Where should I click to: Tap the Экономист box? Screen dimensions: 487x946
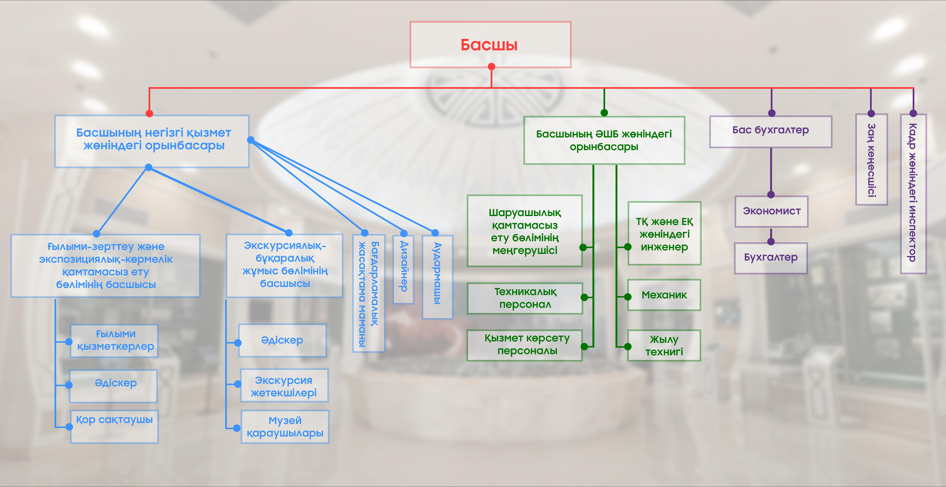(x=771, y=211)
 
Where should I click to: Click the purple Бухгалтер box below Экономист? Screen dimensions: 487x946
(x=770, y=258)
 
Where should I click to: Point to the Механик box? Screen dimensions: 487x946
(x=664, y=295)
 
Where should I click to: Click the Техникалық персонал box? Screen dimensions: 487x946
(x=525, y=298)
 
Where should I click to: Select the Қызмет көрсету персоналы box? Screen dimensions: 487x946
(x=525, y=345)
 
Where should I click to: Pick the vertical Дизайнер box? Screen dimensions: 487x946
(x=403, y=269)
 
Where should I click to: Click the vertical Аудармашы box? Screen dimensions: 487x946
(x=437, y=277)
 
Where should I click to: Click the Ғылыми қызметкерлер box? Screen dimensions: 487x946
(x=114, y=341)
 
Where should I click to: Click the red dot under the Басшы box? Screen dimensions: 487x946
(x=491, y=66)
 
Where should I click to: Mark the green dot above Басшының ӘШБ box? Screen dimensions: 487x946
(x=604, y=113)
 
